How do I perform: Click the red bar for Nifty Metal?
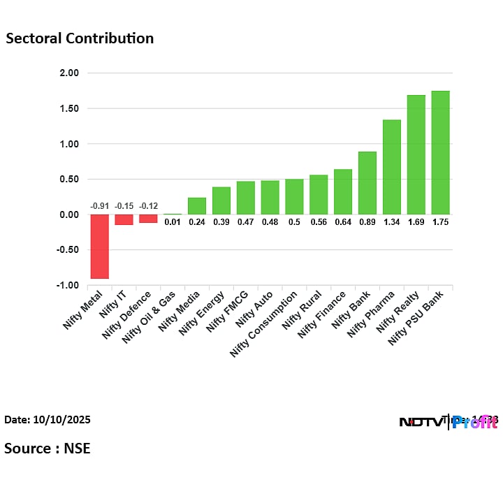tap(99, 246)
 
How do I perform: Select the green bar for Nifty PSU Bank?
tap(440, 152)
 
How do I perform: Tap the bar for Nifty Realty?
tap(416, 154)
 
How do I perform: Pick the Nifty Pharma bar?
tap(391, 167)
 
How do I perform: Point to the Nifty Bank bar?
tap(367, 183)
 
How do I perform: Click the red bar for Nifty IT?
tap(124, 219)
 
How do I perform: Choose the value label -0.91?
tap(99, 206)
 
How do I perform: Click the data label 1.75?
tap(440, 222)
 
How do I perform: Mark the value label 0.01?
tap(173, 222)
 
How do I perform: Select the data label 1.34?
tap(391, 222)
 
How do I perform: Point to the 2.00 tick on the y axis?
tap(69, 73)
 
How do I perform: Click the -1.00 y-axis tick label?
tap(68, 286)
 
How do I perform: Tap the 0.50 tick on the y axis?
tap(69, 180)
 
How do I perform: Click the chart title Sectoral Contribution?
tap(80, 38)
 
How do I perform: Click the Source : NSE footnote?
tap(48, 448)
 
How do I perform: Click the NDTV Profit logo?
tap(448, 421)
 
